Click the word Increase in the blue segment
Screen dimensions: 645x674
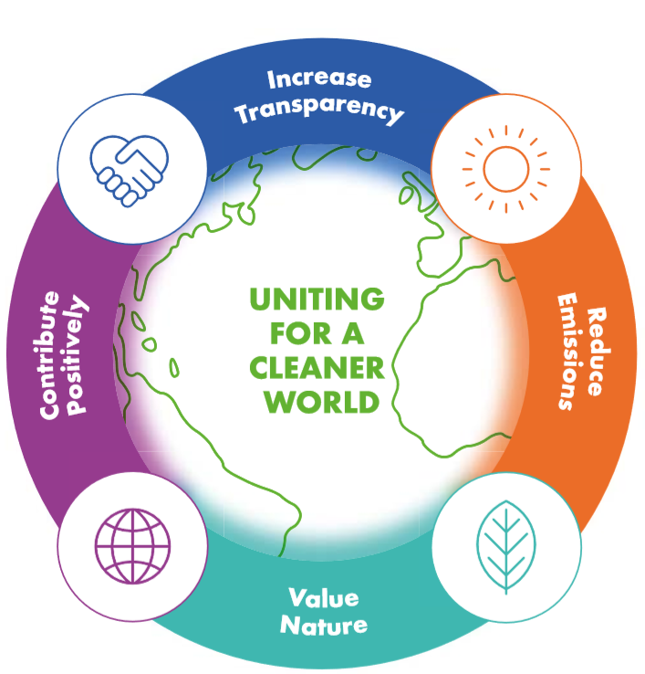click(319, 79)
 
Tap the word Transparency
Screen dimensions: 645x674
click(319, 111)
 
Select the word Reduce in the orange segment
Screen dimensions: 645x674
click(596, 352)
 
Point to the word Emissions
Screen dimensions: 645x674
click(569, 352)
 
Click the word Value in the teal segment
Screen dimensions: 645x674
click(323, 598)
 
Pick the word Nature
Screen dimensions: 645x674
click(324, 626)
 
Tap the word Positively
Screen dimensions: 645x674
click(77, 354)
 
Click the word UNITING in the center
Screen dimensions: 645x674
click(317, 300)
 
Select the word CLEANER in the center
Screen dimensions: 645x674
click(317, 368)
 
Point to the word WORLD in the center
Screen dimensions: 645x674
click(322, 403)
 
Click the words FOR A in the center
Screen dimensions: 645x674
click(317, 333)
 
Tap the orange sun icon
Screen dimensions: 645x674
click(505, 169)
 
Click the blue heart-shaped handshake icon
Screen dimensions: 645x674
click(130, 171)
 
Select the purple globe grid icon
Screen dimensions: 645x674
click(132, 546)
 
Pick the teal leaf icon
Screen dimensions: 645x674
click(506, 547)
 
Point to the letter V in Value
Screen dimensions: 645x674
click(297, 597)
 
